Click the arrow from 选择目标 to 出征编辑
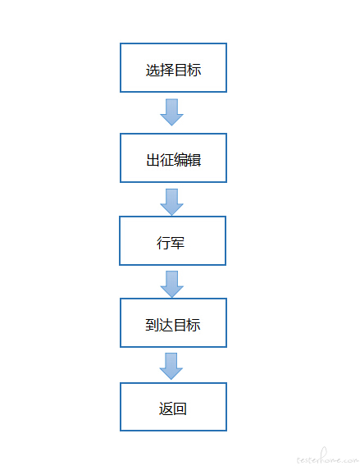coord(171,112)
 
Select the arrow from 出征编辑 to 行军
coord(171,202)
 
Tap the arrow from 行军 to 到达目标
coord(171,284)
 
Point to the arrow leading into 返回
coord(171,366)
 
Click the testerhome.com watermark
coord(328,458)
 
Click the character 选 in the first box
coord(153,71)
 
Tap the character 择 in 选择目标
coord(166,71)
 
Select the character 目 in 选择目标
coord(180,71)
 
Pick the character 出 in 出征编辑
coord(153,160)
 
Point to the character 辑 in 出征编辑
coord(194,160)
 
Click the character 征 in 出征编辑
coord(166,160)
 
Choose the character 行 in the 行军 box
coord(163,243)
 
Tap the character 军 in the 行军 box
coord(177,243)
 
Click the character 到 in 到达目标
coord(152,325)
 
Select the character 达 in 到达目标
coord(166,325)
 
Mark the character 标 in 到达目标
coord(194,325)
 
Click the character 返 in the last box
coord(166,408)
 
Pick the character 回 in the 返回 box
coord(180,408)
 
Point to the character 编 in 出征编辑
coord(180,160)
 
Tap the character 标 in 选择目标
coord(194,71)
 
